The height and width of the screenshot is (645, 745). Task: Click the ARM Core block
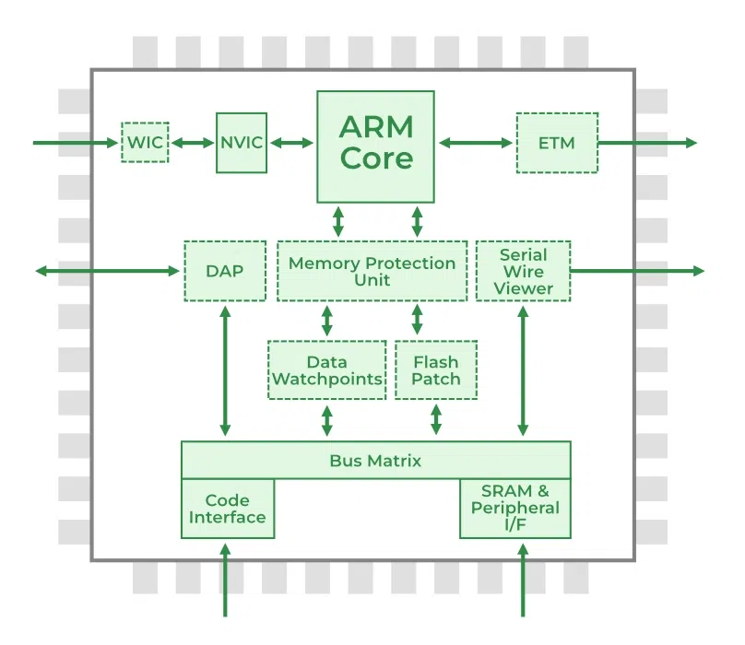click(375, 146)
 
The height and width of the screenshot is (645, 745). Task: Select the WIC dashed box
click(145, 143)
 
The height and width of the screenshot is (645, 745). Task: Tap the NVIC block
click(242, 143)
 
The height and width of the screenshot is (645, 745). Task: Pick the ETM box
click(556, 143)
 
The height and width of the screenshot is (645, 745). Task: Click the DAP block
click(225, 271)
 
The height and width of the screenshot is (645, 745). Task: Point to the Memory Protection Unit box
click(372, 271)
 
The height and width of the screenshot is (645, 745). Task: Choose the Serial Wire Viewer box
click(523, 271)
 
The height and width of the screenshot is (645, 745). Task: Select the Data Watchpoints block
click(327, 370)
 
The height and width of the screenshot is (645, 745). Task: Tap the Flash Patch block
click(436, 370)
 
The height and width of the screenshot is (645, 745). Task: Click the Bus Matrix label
click(375, 460)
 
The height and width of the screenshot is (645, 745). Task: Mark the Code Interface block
click(228, 509)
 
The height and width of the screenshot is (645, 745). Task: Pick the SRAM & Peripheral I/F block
click(514, 508)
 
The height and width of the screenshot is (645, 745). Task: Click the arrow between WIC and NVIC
click(193, 143)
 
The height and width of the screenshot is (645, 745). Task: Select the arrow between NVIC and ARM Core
click(291, 143)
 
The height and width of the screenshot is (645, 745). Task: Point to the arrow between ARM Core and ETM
click(476, 143)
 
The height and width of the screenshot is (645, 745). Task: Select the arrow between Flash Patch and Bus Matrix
click(436, 420)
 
